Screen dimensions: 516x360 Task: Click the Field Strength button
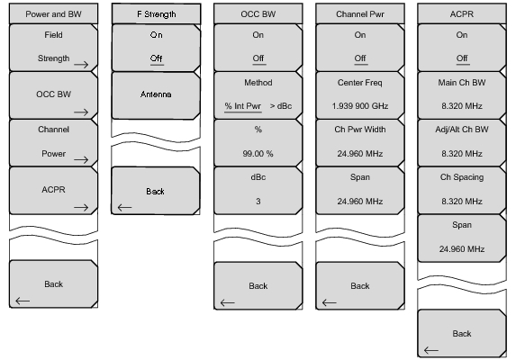[53, 48]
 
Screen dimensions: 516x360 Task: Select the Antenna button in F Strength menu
[156, 95]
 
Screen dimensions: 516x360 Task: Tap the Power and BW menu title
[53, 14]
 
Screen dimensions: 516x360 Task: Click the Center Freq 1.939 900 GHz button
[360, 95]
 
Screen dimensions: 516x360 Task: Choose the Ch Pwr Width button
[360, 143]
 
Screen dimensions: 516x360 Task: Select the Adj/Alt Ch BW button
[462, 143]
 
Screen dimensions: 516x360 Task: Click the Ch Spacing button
[462, 191]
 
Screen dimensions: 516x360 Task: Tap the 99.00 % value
[258, 154]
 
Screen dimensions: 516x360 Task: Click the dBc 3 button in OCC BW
[258, 191]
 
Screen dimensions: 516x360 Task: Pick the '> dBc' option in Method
[281, 106]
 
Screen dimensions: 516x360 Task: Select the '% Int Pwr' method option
[243, 106]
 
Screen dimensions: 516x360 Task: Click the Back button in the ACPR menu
[462, 333]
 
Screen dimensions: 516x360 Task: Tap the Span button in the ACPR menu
[462, 238]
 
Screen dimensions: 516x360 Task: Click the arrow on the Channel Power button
[81, 160]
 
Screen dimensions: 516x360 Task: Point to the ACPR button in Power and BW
[53, 191]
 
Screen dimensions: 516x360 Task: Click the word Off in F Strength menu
[157, 58]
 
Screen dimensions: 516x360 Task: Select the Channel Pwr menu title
[360, 14]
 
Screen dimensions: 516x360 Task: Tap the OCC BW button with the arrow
[53, 95]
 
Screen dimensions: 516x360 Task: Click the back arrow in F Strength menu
[124, 208]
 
